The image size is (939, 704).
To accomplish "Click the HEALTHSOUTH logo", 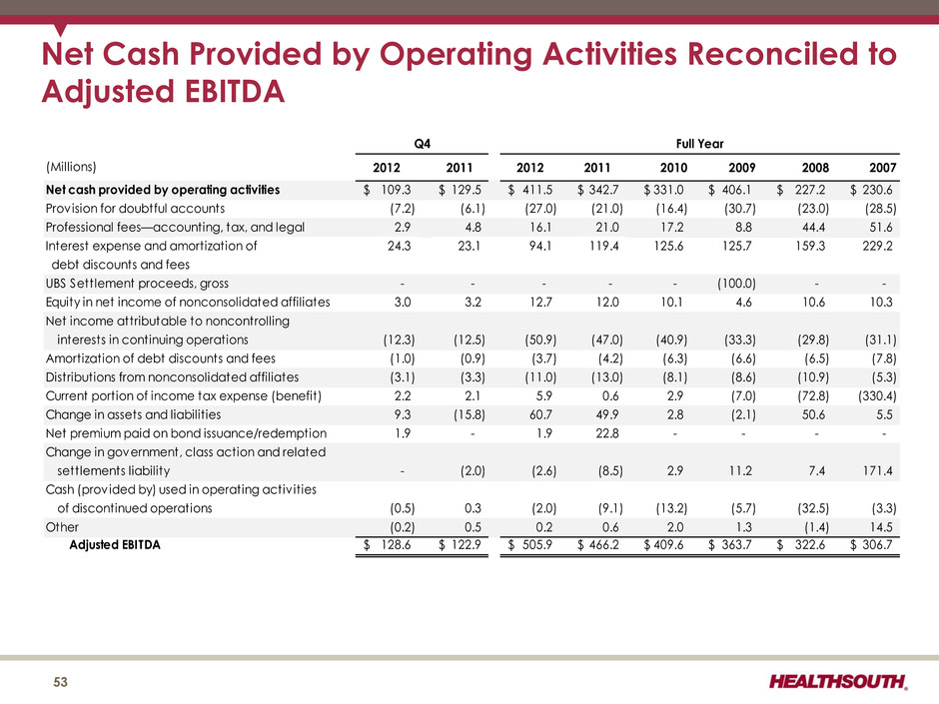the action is (838, 681).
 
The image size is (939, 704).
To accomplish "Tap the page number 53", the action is (61, 682).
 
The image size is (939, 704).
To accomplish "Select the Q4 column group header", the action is (423, 144).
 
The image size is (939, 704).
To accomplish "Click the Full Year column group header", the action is (699, 144).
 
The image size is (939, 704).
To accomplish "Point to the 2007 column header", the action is (883, 168).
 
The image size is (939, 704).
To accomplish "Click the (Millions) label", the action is (71, 167).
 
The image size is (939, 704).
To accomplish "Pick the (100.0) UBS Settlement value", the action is (736, 284).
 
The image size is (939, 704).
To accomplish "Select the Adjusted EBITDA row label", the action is (115, 545).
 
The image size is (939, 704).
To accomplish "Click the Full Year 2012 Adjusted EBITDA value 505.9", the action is (536, 545).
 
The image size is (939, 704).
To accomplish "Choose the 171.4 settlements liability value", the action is (877, 470).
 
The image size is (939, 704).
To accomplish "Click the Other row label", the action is (62, 527).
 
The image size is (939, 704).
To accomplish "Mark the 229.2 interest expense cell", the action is (877, 246).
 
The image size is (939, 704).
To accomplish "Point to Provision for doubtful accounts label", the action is (135, 209).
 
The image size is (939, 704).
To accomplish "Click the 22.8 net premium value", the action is (607, 432).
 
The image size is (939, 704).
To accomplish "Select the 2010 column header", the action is (673, 168).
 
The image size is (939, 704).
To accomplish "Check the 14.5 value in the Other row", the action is (881, 527).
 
